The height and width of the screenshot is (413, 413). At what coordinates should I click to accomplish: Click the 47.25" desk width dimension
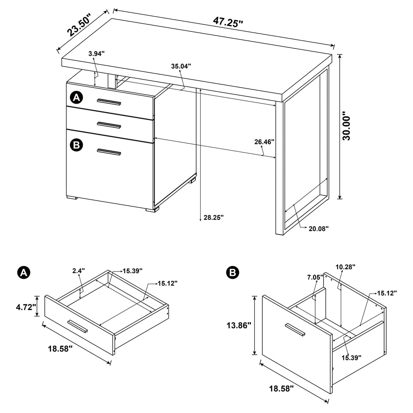click(228, 22)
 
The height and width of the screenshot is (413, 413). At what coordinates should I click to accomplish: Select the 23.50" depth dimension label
click(79, 25)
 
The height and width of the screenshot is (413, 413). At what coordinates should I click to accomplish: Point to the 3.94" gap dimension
click(96, 54)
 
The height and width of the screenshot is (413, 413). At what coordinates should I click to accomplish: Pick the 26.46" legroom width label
click(265, 142)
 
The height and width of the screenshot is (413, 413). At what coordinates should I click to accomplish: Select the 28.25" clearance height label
click(213, 217)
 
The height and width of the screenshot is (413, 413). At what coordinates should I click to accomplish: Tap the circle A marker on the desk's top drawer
click(76, 98)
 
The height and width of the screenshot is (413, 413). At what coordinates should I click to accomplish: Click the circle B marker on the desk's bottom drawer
click(76, 145)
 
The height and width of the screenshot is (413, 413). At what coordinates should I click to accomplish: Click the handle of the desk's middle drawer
click(109, 125)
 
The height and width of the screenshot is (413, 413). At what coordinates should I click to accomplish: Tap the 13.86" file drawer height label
click(238, 325)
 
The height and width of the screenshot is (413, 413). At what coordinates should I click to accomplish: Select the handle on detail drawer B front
click(295, 330)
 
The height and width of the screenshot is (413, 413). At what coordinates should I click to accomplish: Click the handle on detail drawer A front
click(78, 326)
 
